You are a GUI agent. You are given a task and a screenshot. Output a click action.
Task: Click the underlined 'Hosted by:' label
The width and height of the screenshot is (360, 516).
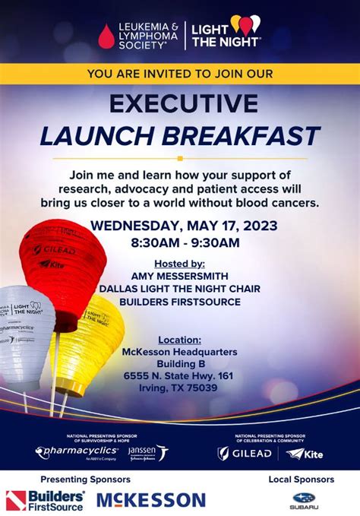click(179, 263)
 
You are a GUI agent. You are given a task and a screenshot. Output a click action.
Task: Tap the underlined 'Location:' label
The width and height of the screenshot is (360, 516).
click(179, 340)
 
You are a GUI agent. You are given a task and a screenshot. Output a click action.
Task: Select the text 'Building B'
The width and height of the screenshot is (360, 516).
click(179, 364)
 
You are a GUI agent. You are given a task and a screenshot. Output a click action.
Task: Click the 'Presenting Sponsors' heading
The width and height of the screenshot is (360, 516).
click(85, 480)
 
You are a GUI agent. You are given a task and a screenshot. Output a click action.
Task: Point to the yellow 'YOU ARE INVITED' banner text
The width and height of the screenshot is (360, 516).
click(180, 73)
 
